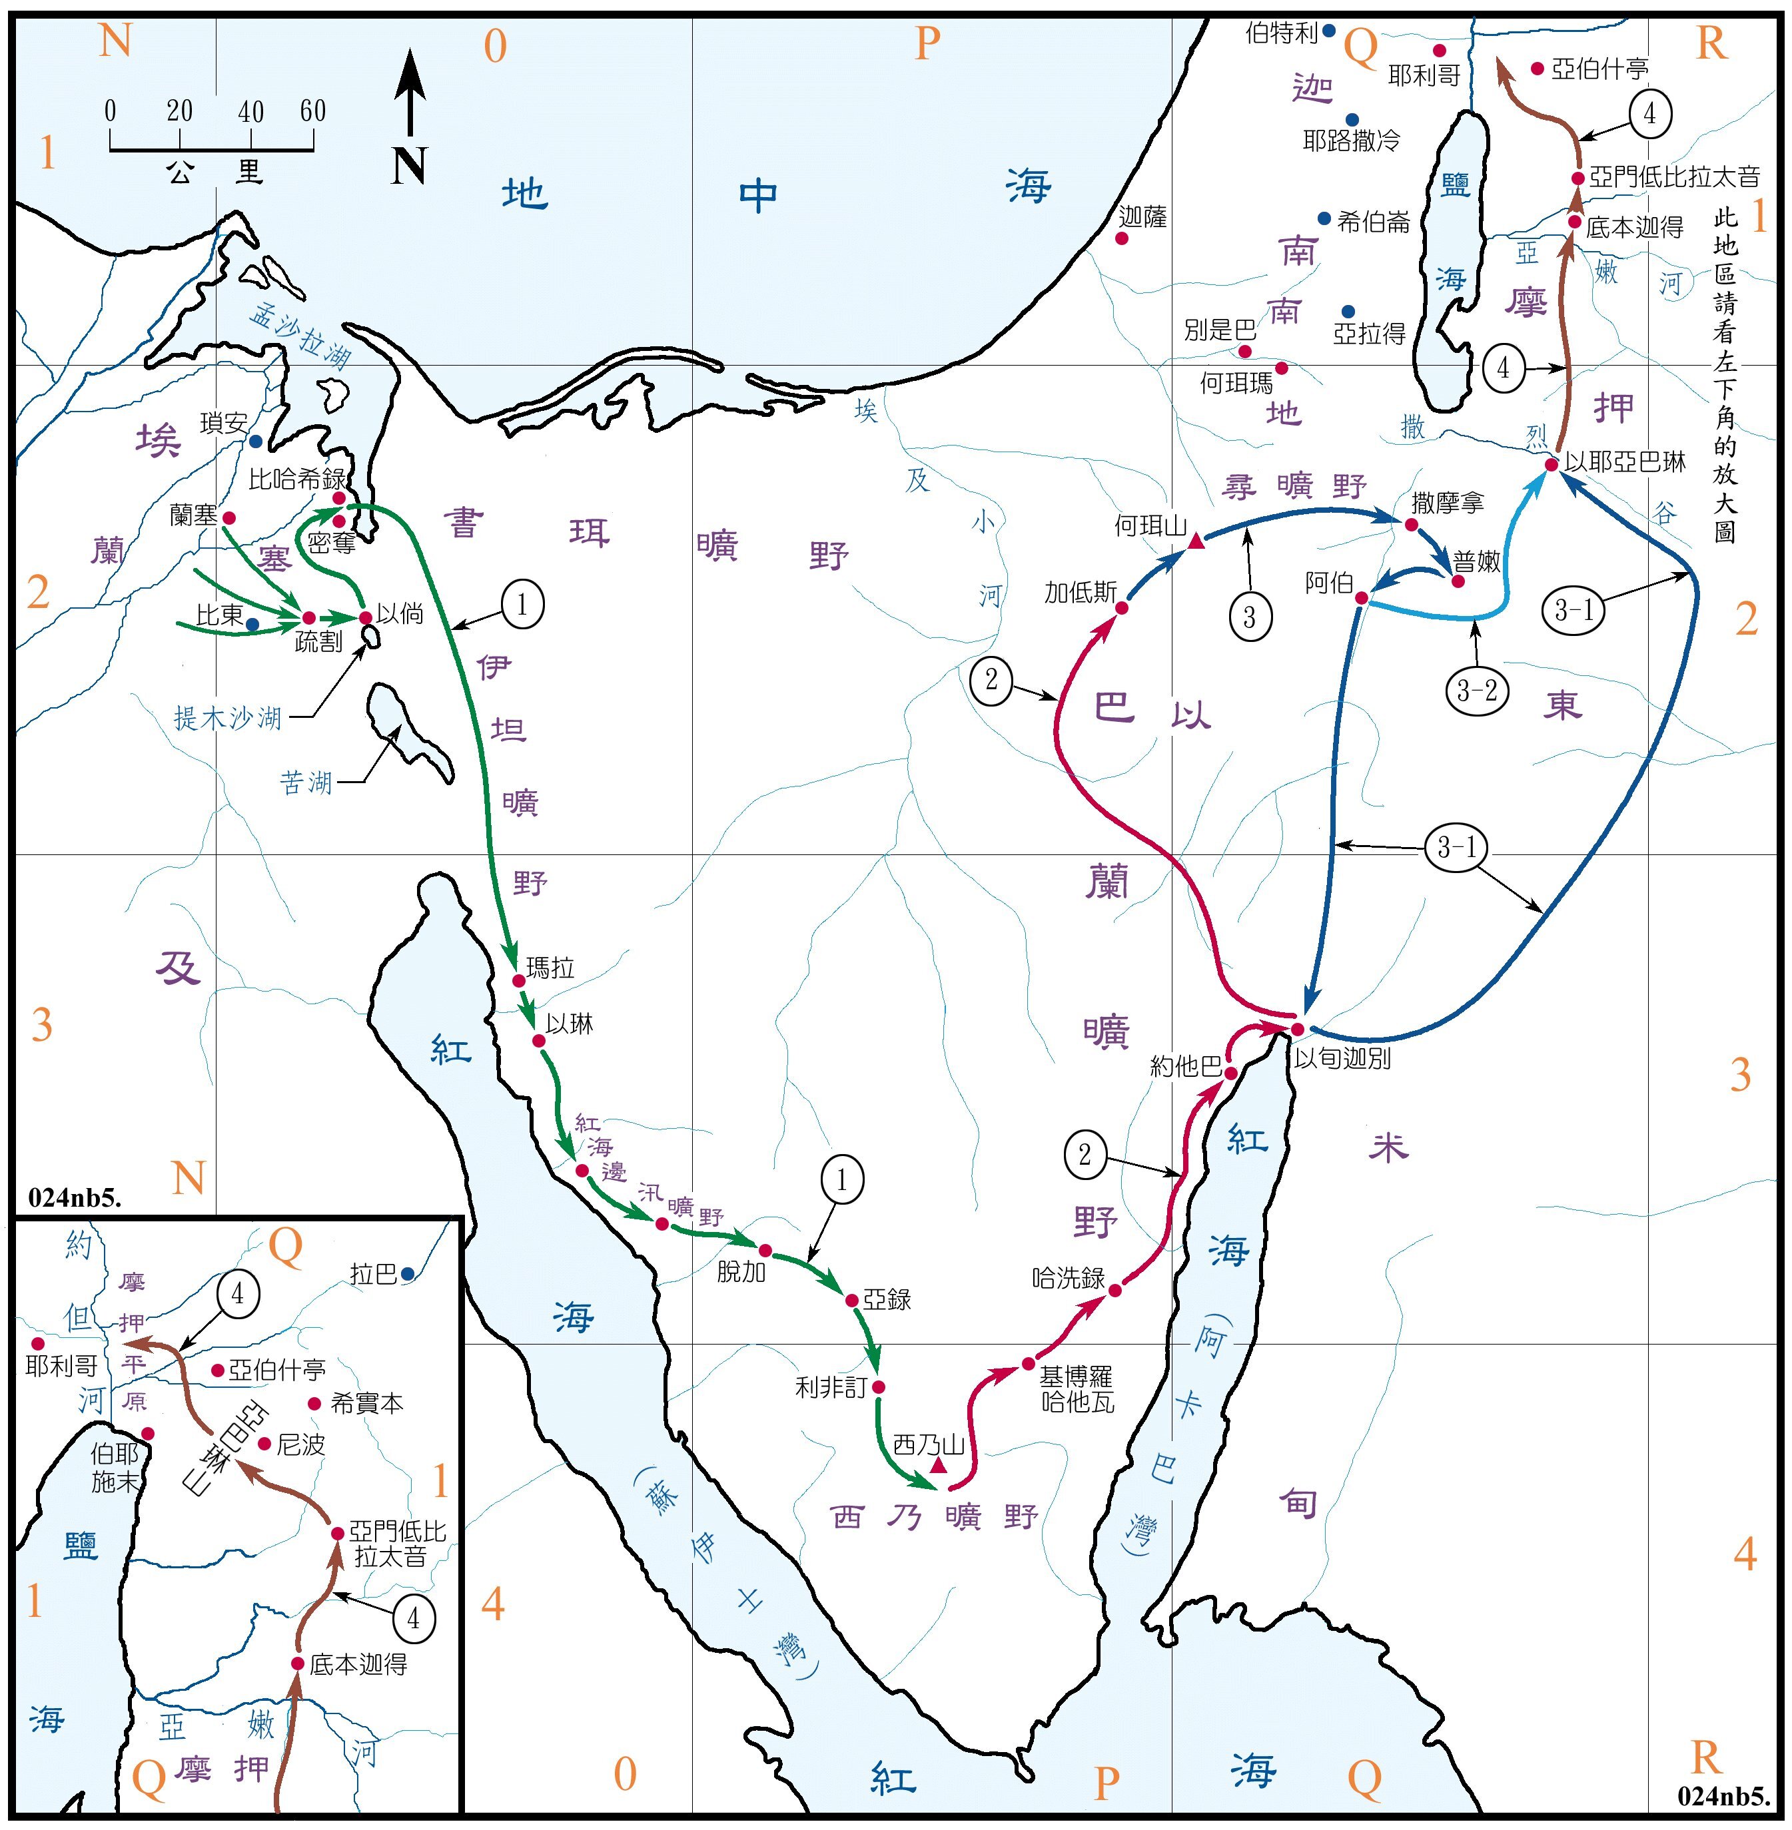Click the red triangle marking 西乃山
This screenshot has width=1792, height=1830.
pos(937,1466)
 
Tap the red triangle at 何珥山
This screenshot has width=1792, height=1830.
pos(1195,541)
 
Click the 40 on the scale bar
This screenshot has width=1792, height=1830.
pos(250,112)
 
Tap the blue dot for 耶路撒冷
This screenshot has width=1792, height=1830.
pos(1352,119)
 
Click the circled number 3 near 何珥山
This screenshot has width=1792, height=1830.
pos(1249,617)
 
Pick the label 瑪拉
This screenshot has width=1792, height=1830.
pos(550,967)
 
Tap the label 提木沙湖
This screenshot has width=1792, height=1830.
pos(228,719)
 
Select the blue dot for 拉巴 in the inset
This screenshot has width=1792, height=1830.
pos(408,1274)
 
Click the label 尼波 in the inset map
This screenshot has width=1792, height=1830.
pos(301,1444)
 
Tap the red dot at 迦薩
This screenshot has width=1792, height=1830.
pos(1122,239)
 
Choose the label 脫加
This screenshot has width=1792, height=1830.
pos(741,1272)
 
